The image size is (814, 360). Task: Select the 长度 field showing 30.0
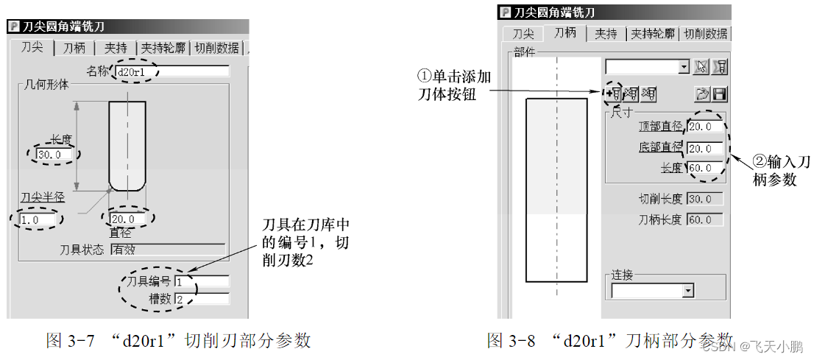tap(55, 155)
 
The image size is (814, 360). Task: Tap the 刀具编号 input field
tap(202, 281)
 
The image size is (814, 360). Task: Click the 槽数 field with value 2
tap(202, 299)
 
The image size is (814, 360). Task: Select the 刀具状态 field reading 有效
tap(167, 249)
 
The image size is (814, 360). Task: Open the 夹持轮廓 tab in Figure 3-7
tap(164, 48)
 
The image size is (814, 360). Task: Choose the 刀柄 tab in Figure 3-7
tap(74, 48)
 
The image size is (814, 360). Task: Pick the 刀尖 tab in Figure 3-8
tap(523, 33)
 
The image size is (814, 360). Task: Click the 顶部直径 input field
tap(704, 127)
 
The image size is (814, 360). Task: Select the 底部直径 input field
tap(704, 148)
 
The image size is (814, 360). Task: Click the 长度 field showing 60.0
tap(704, 168)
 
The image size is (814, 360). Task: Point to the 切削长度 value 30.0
tap(704, 199)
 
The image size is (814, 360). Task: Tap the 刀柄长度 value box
tap(704, 219)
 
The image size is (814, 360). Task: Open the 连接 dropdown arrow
tap(688, 291)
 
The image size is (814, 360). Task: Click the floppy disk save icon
tap(720, 93)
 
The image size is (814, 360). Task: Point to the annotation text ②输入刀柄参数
tap(781, 171)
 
